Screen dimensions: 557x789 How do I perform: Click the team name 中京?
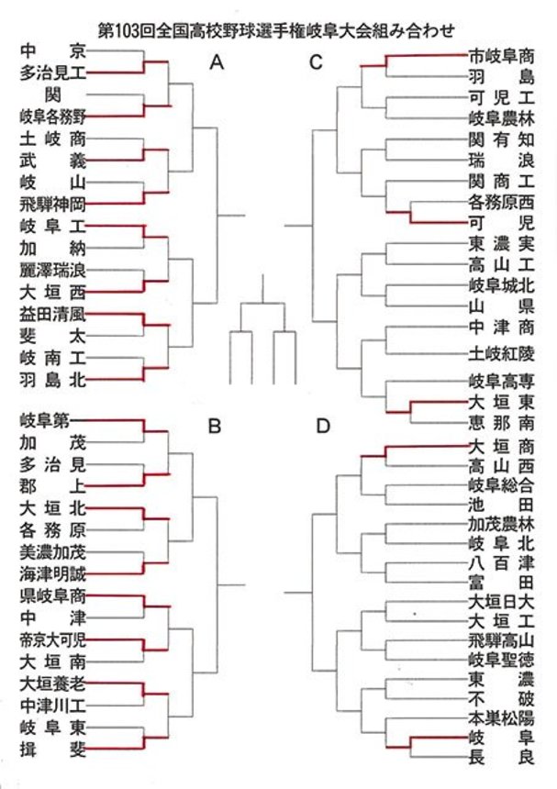[x=53, y=51]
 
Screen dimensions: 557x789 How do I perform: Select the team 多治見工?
[x=53, y=73]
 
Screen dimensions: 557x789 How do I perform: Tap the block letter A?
[x=217, y=62]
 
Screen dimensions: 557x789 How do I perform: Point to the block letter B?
[x=215, y=427]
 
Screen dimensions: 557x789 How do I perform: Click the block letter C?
[x=316, y=62]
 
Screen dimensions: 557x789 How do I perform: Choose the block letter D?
[x=322, y=427]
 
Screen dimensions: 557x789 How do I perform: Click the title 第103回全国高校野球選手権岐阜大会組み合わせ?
[x=276, y=31]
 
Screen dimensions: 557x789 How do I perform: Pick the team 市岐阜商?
[x=501, y=56]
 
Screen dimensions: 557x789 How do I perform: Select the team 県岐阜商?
[x=53, y=596]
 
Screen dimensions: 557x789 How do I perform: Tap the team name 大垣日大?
[x=501, y=601]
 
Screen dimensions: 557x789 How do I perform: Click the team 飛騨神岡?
[x=53, y=205]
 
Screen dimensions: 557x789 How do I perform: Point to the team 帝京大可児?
[x=53, y=640]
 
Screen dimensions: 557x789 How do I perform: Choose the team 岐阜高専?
[x=501, y=381]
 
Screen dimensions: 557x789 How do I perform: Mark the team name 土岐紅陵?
[x=501, y=354]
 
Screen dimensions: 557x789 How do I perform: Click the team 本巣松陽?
[x=501, y=717]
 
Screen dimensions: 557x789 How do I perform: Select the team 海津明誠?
[x=53, y=573]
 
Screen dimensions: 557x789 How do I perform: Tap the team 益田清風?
[x=53, y=314]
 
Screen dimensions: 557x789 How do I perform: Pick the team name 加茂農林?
[x=501, y=524]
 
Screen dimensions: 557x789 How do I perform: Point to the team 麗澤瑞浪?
[x=53, y=271]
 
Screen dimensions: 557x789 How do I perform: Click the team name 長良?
[x=501, y=757]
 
